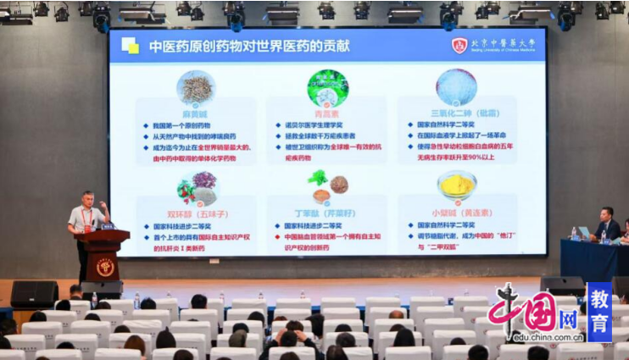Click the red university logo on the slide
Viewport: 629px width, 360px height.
pyautogui.click(x=459, y=46)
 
